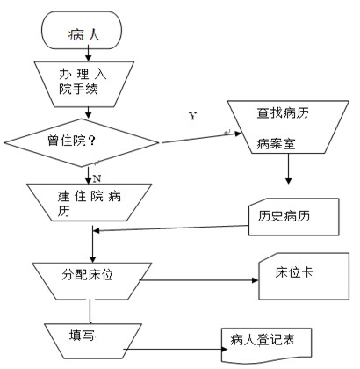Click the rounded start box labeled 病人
(x=82, y=30)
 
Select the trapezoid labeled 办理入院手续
(x=84, y=84)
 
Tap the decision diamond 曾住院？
(x=82, y=142)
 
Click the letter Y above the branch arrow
(x=192, y=116)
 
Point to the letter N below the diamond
(x=97, y=178)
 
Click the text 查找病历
(x=283, y=113)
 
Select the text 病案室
(x=276, y=144)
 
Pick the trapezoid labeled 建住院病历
(x=90, y=202)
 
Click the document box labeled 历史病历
(x=294, y=217)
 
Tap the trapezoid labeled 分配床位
(x=92, y=281)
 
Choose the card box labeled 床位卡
(x=304, y=276)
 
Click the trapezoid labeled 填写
(x=93, y=341)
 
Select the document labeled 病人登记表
(x=266, y=345)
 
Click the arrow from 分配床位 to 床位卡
(x=198, y=280)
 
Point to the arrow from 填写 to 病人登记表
(x=176, y=349)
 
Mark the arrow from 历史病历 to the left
(x=170, y=228)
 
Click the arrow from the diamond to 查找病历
(x=201, y=138)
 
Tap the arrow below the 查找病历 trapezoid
(x=288, y=169)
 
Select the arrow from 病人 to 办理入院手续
(x=88, y=54)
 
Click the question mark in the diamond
(x=91, y=141)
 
